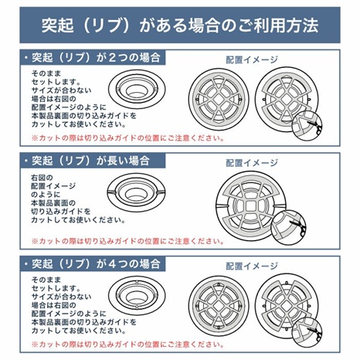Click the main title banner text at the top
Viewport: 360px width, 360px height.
[179, 25]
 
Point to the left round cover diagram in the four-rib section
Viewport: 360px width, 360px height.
[226, 303]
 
